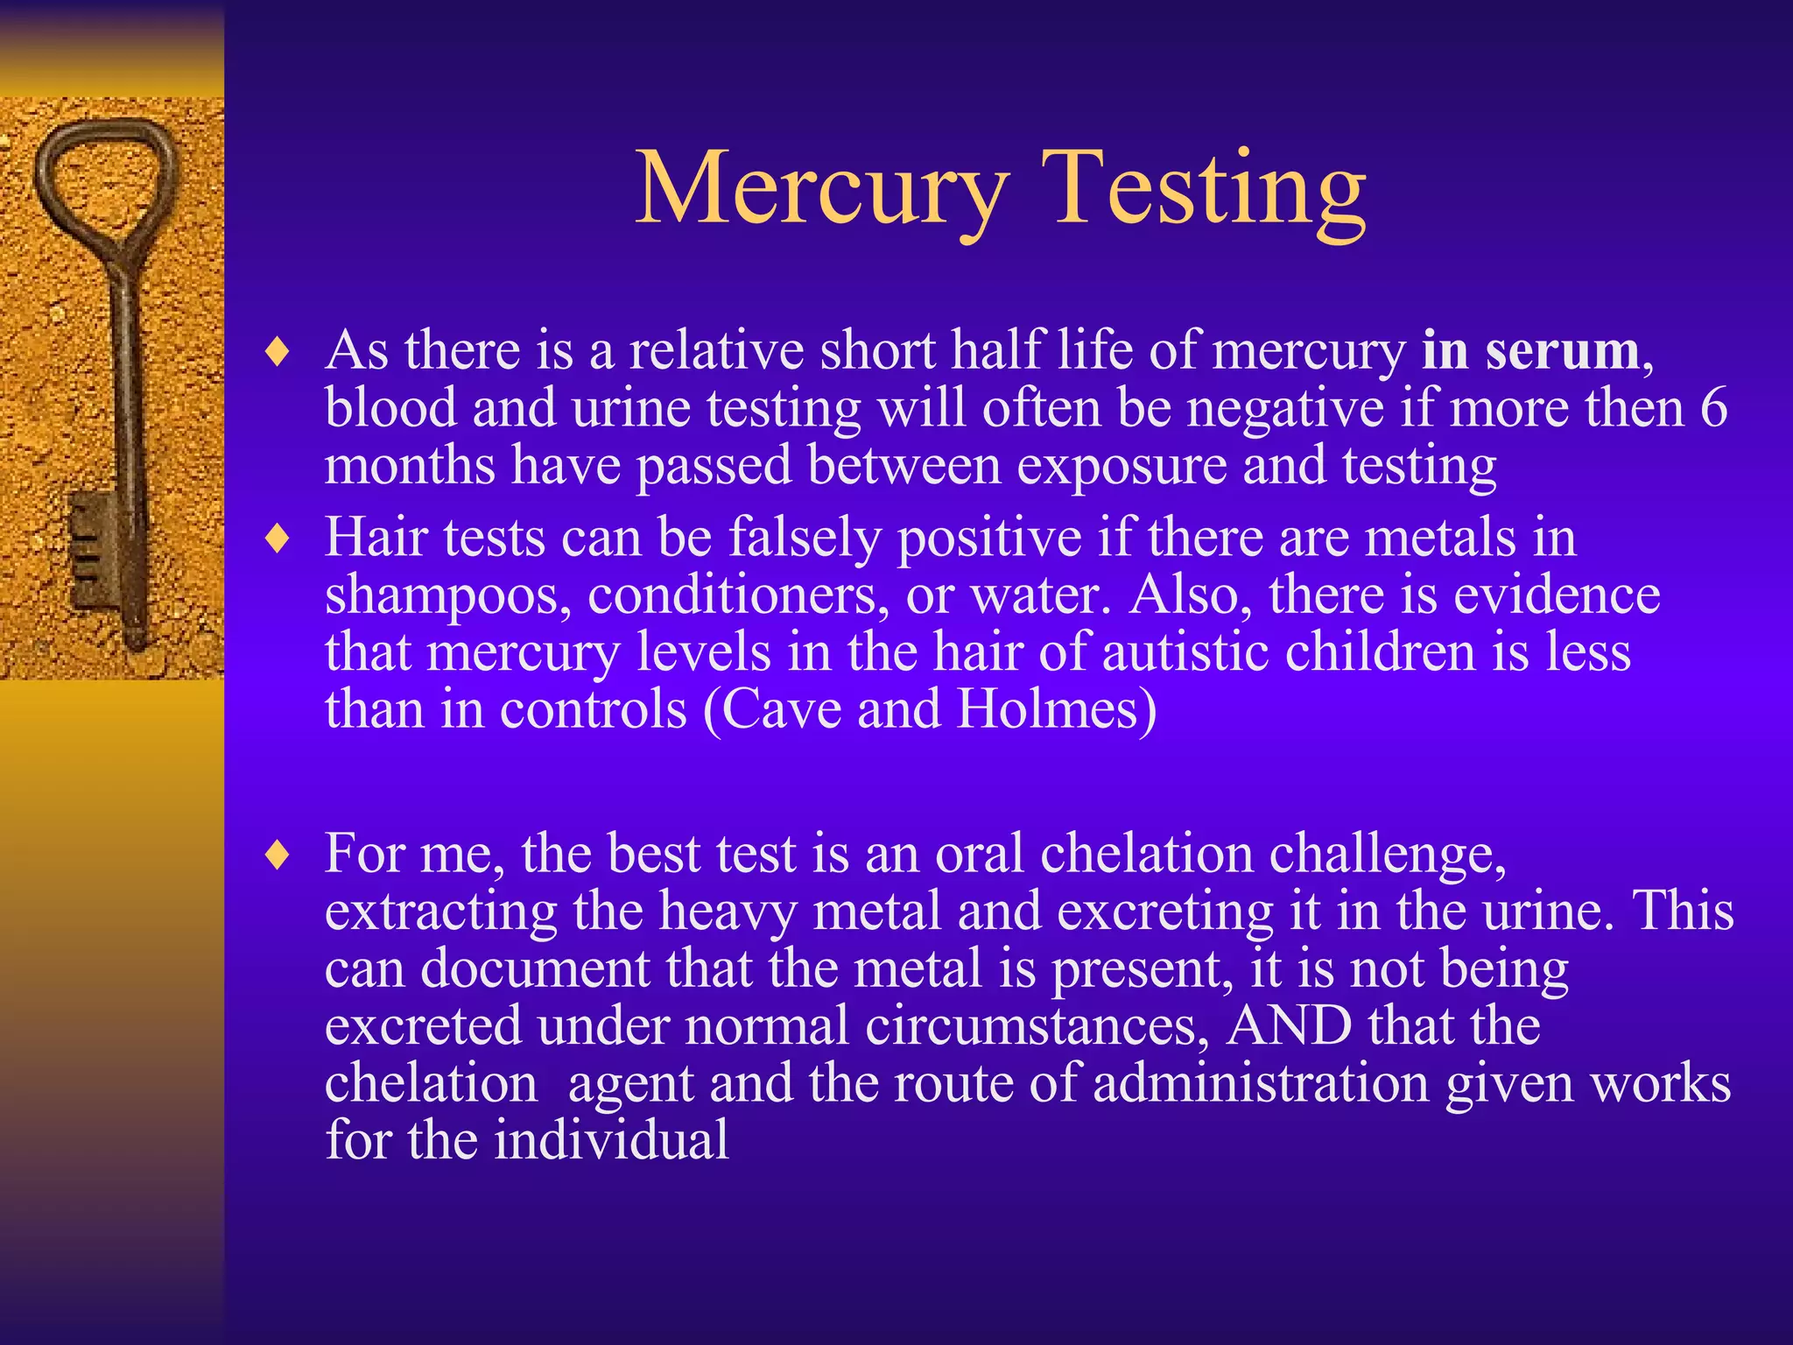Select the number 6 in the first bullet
click(x=1713, y=408)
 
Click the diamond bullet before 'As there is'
click(x=278, y=353)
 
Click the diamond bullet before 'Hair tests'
click(x=278, y=539)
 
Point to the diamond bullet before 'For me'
click(x=278, y=856)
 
